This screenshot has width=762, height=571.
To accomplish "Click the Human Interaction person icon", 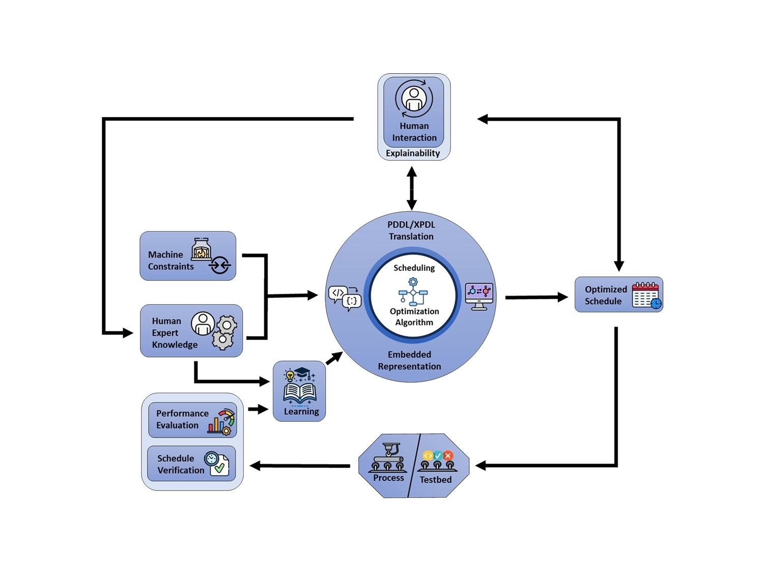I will click(414, 99).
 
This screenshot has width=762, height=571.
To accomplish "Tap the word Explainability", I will click(413, 153).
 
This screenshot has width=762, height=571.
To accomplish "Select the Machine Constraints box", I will click(188, 256).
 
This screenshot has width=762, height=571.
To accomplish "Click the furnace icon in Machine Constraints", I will click(201, 249).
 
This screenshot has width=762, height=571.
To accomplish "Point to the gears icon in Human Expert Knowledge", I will click(224, 332).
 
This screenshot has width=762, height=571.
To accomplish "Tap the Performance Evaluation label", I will click(182, 419).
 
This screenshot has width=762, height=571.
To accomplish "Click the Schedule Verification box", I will click(191, 464).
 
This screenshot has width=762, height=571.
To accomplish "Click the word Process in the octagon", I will click(388, 478).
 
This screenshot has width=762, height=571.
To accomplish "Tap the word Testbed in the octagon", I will click(436, 479).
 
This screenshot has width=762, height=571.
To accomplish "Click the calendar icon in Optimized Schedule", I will click(646, 295).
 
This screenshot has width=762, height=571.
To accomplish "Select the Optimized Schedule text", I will click(605, 295).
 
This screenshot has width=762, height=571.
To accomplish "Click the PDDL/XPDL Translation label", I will click(411, 231).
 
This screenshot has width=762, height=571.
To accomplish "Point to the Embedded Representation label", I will click(409, 360).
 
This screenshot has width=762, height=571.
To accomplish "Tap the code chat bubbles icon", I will click(345, 298).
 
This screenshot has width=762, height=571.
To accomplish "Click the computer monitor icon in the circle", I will click(479, 296).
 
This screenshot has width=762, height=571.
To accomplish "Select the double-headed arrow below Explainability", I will click(412, 188).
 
